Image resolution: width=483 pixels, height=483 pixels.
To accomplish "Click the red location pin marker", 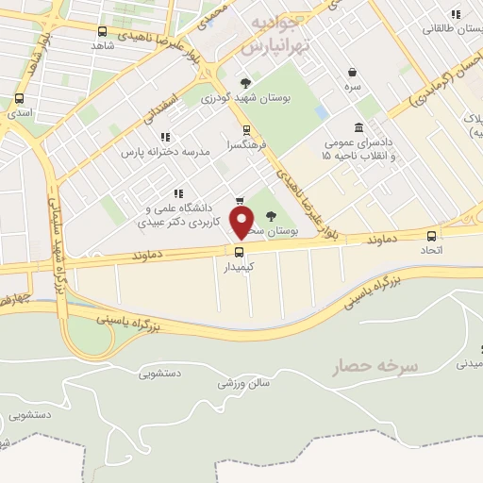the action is point(242,223).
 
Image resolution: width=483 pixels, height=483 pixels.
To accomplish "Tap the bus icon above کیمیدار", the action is point(239,251).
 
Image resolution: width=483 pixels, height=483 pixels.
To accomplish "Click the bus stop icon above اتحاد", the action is point(432,236).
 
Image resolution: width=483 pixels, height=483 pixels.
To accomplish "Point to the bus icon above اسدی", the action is point(18,98).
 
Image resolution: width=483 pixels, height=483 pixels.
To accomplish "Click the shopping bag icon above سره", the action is point(352,72).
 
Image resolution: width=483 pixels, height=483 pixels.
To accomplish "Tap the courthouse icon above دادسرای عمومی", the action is point(358,128).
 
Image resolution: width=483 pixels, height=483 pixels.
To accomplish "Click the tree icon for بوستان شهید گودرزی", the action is point(246,83).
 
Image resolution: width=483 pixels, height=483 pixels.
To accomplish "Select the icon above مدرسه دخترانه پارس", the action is point(165,137).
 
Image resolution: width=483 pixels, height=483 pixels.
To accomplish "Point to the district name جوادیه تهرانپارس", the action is point(275,33).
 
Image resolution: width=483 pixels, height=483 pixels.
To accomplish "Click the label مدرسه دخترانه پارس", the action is point(157,152).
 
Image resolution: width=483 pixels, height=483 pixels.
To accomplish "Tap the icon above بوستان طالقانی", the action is point(456,14).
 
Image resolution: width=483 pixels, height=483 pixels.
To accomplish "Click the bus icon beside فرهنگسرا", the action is point(246,130).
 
